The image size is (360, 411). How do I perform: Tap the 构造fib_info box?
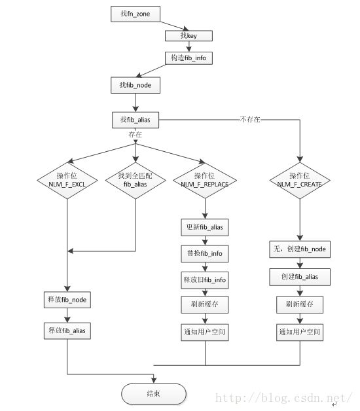click(x=189, y=58)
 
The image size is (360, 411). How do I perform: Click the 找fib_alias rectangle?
click(x=135, y=120)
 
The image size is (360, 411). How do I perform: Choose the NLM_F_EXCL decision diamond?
click(x=67, y=180)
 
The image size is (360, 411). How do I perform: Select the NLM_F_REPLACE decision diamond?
click(x=205, y=180)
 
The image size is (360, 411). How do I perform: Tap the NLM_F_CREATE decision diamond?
click(x=300, y=180)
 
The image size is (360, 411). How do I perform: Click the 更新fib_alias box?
click(x=205, y=227)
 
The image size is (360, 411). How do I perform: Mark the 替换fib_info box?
click(x=205, y=253)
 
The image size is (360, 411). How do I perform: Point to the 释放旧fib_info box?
click(x=205, y=279)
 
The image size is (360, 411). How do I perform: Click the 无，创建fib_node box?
click(x=300, y=249)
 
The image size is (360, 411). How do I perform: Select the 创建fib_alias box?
click(x=300, y=277)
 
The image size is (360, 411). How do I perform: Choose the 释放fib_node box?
click(x=67, y=300)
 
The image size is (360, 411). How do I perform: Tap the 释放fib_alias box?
click(x=67, y=331)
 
